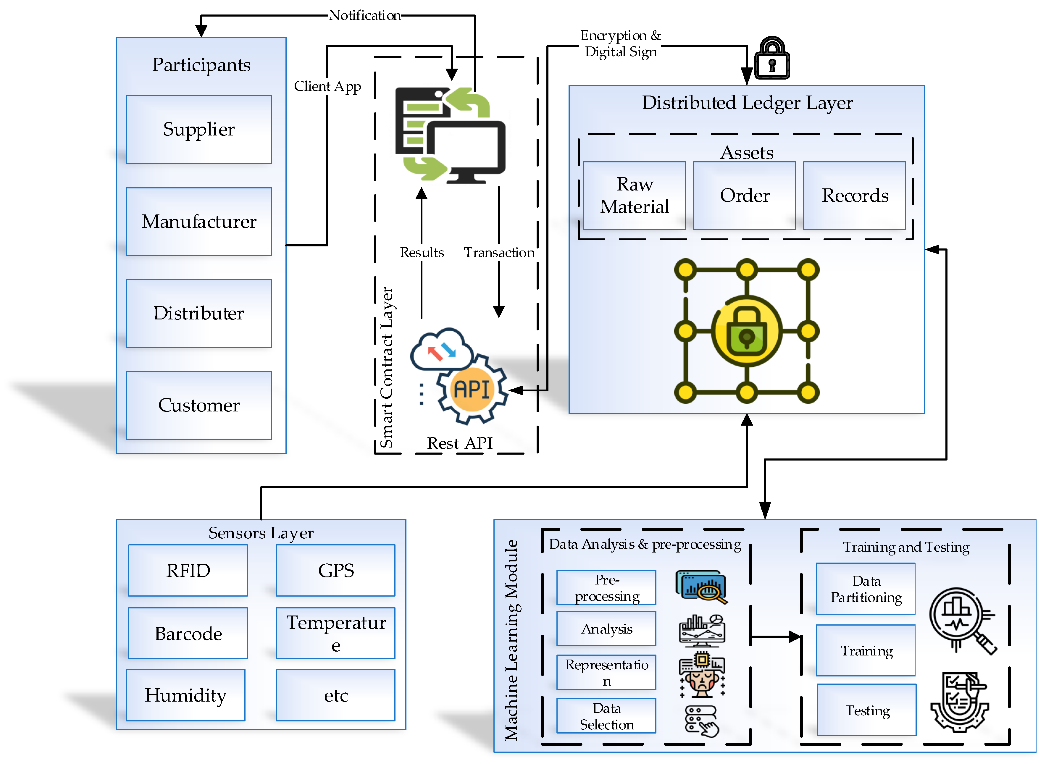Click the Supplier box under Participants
199,130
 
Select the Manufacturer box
199,222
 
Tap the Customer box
199,405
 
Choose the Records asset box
855,196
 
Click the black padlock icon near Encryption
772,59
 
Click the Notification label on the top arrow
365,16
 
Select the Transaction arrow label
499,253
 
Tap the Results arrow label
422,253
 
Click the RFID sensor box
188,570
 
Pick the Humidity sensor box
185,695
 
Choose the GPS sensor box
336,570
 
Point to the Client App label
327,86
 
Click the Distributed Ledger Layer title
747,103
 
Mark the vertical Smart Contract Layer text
387,368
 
